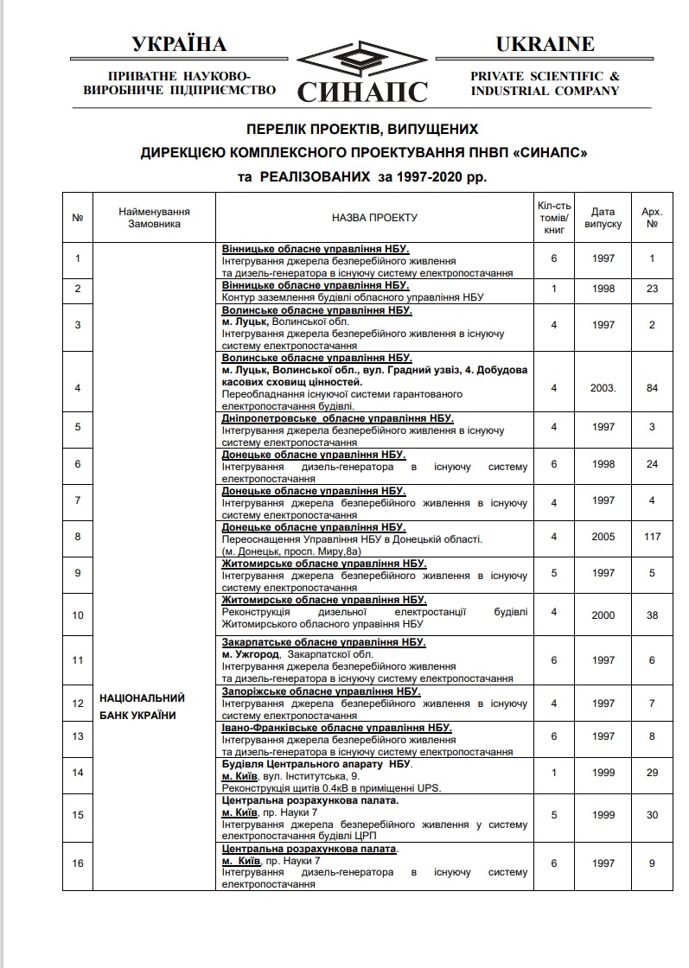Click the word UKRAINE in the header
pos(545,44)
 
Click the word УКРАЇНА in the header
pos(179,44)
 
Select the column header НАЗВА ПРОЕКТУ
pos(374,218)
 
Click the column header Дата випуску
pos(603,217)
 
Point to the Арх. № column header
pos(652,217)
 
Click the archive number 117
pos(652,537)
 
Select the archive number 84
pos(652,388)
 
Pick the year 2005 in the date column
pos(603,537)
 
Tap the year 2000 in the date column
pos(603,615)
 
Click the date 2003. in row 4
pos(604,388)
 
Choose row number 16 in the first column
pos(78,863)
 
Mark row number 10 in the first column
pos(78,615)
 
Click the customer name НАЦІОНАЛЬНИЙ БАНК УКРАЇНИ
pos(143,706)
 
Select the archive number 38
pos(652,615)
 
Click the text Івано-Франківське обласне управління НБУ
pos(336,729)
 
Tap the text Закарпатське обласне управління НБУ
pos(323,642)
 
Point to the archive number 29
pos(652,773)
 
